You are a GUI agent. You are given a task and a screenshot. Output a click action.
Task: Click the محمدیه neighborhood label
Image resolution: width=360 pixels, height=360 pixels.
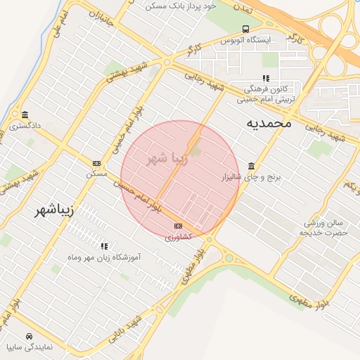point(269,123)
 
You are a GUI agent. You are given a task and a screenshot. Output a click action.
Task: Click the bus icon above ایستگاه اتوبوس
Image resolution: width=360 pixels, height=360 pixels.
point(245,29)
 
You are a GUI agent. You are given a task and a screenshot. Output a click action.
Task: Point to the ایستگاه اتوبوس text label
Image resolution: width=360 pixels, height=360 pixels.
point(245,41)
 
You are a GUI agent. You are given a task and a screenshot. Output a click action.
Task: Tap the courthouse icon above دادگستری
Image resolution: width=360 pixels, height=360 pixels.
point(25,115)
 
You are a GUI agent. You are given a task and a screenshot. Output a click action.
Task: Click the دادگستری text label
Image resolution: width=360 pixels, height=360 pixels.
point(25,127)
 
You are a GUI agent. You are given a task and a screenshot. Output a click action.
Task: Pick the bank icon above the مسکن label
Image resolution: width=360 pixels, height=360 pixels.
point(96,163)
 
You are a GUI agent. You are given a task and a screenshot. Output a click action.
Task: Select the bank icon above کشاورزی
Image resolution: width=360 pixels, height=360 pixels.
point(178,226)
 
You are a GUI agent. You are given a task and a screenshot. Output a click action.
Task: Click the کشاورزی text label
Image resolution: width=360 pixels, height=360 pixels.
point(178,238)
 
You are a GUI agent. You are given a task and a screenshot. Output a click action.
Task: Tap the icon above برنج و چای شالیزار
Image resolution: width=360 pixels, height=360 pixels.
point(252,165)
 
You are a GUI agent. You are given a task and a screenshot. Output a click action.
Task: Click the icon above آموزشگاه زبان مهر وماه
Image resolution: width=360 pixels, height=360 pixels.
point(104,246)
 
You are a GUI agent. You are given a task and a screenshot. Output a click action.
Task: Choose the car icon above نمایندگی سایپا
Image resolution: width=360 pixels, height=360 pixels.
point(28,336)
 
